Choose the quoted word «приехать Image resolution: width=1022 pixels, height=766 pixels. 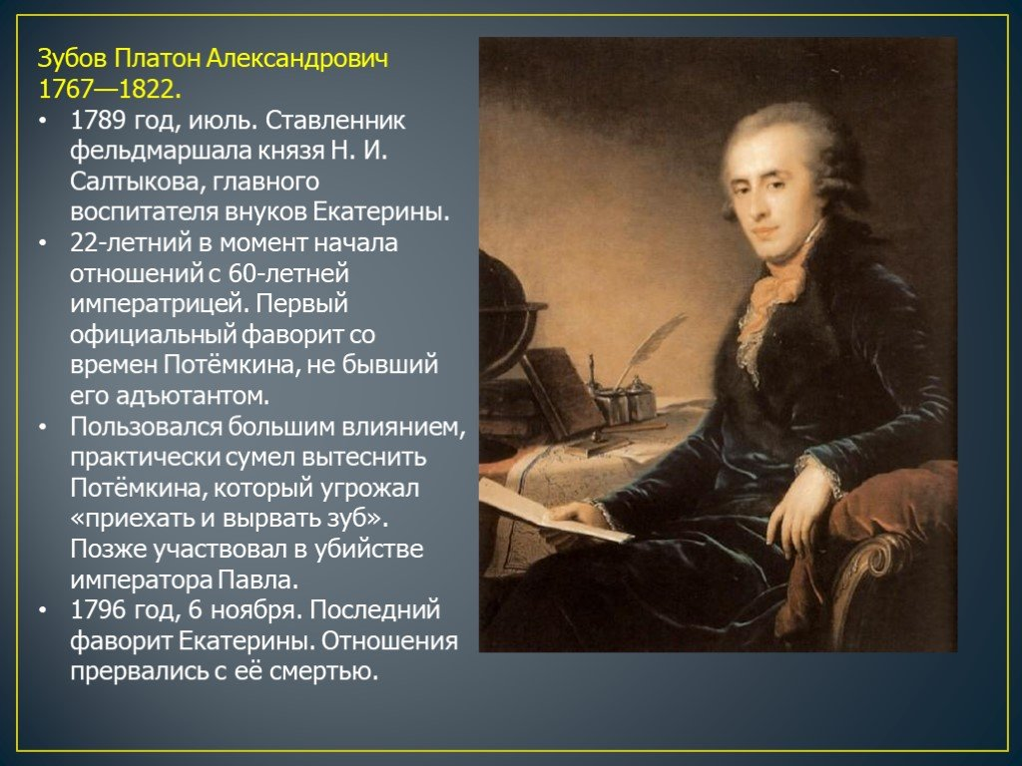click(124, 520)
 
